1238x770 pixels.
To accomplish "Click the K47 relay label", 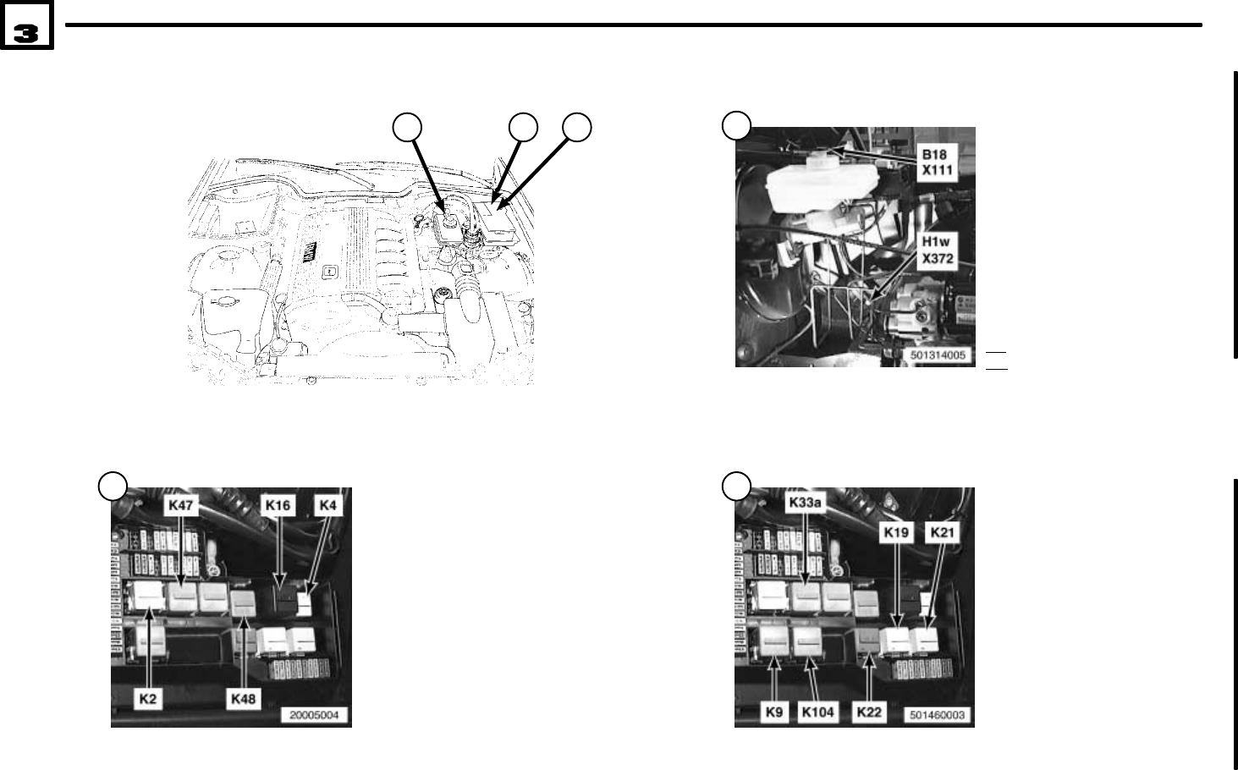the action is (180, 506).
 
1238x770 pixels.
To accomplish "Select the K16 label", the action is (278, 506).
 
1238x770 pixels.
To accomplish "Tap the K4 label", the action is (327, 506).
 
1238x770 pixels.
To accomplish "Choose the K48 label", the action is (244, 700).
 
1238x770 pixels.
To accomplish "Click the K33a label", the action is (805, 503).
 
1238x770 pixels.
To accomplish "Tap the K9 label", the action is (773, 712).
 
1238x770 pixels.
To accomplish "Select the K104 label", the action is (817, 712).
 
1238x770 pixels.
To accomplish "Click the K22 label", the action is (869, 712).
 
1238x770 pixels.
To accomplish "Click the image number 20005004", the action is (314, 716).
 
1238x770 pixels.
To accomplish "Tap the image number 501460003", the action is (938, 716).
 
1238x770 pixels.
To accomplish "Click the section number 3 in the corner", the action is (26, 32).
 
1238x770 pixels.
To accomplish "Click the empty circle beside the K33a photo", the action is (735, 487).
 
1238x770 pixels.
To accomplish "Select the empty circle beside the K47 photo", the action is (113, 487).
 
